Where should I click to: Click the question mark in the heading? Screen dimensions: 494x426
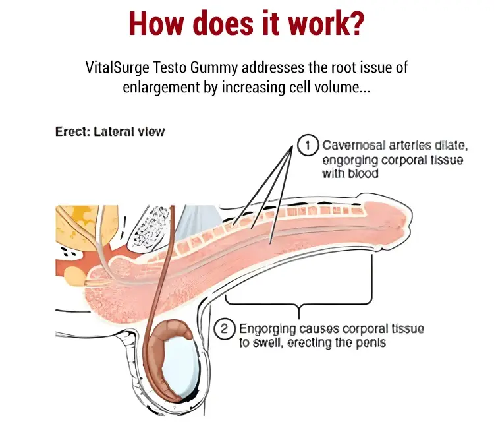pos(356,23)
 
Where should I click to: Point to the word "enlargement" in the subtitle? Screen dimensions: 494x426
pos(161,88)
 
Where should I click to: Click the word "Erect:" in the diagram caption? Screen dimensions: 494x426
pos(72,131)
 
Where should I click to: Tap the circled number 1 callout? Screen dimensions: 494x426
pos(308,145)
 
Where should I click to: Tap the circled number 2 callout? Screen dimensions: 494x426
pos(225,329)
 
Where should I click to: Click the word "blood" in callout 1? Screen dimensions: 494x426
pos(363,173)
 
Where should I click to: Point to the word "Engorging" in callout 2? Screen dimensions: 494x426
pos(267,329)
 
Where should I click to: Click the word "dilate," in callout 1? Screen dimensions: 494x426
pos(451,146)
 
